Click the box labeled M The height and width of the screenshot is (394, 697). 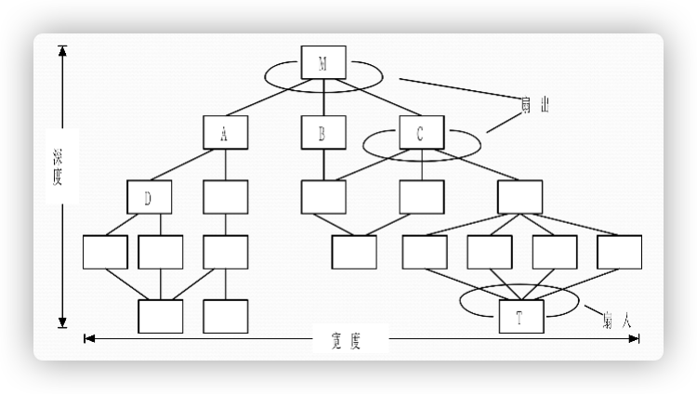pyautogui.click(x=323, y=63)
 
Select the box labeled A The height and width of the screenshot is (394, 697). pyautogui.click(x=225, y=132)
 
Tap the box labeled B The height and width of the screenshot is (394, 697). pyautogui.click(x=323, y=132)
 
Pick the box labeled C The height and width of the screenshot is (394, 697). pyautogui.click(x=421, y=132)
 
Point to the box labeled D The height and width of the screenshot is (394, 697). pyautogui.click(x=151, y=197)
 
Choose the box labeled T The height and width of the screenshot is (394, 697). pyautogui.click(x=519, y=317)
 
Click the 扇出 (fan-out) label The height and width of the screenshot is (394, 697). pyautogui.click(x=534, y=105)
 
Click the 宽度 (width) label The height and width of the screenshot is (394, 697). pyautogui.click(x=346, y=341)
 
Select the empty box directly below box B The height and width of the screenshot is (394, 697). pyautogui.click(x=323, y=197)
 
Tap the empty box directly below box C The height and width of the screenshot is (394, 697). pyautogui.click(x=421, y=197)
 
